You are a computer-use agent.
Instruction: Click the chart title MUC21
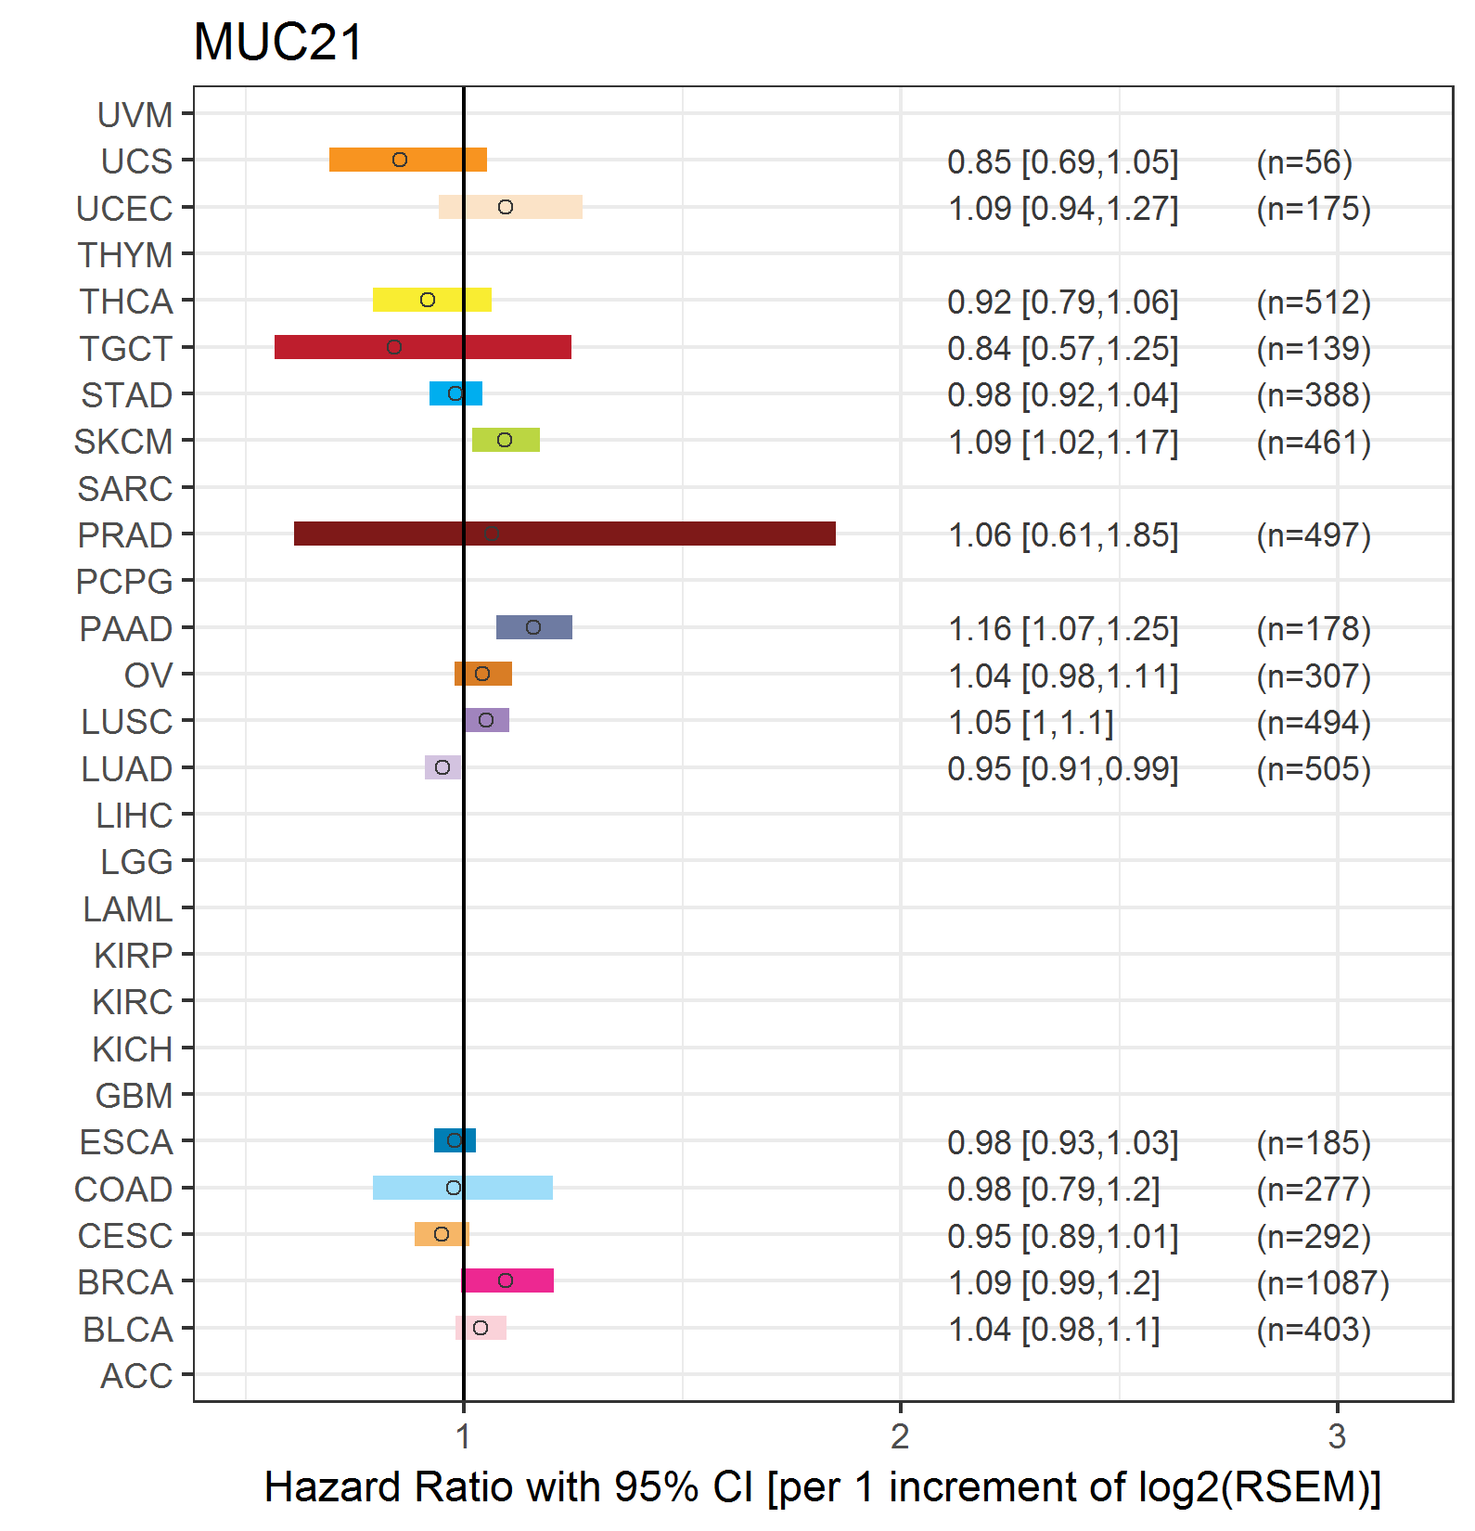coord(278,43)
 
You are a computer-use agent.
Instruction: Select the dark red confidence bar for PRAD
coord(565,534)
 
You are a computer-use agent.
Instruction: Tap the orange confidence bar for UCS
coord(408,160)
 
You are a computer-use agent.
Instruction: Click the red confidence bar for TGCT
coord(423,347)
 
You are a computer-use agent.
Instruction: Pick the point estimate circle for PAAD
coord(533,627)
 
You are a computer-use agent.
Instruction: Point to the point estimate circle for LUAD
coord(442,767)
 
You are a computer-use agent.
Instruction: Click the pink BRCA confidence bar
coord(507,1280)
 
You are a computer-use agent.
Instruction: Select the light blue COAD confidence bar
coord(463,1188)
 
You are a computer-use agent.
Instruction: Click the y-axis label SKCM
coord(123,442)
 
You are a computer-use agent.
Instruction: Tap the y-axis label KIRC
coord(133,1002)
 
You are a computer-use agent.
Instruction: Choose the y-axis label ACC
coord(136,1376)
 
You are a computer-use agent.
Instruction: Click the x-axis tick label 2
coord(900,1436)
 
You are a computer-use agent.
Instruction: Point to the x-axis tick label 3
coord(1337,1436)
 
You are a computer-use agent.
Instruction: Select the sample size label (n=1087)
coord(1323,1282)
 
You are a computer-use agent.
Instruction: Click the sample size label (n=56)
coord(1304,162)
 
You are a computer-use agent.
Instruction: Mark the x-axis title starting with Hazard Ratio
coord(823,1487)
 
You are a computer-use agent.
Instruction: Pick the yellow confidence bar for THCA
coord(432,300)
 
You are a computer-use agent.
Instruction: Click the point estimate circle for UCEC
coord(506,207)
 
